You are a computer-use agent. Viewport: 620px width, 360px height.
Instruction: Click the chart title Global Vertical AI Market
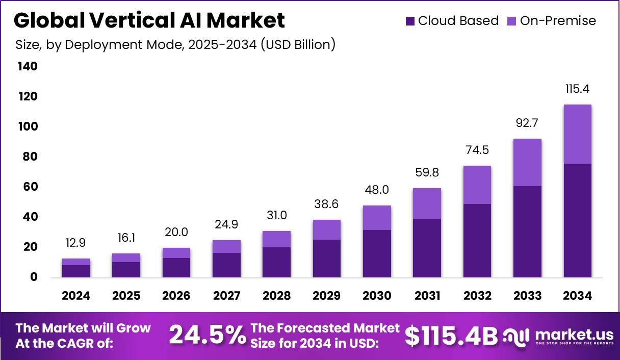coord(149,21)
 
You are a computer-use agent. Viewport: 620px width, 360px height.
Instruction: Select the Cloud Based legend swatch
coord(410,21)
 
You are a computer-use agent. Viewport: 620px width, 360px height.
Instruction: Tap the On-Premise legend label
coord(558,21)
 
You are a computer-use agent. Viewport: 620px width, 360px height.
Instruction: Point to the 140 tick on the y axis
coord(28,66)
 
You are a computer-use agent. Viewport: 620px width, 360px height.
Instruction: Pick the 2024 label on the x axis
coord(76,296)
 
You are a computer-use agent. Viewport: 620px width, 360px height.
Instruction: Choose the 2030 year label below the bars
coord(377,296)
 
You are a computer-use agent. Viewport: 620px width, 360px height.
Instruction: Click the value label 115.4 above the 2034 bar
coord(578,89)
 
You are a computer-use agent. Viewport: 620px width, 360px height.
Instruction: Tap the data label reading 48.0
coord(377,190)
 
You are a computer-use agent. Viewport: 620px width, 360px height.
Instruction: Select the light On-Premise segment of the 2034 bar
coord(578,134)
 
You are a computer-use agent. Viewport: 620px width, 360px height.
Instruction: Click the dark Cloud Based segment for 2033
coord(527,232)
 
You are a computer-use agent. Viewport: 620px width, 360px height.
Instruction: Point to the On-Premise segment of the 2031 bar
coord(427,203)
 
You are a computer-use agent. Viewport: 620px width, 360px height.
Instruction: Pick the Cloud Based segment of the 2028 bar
coord(277,262)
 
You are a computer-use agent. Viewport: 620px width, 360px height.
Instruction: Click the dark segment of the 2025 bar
coord(126,270)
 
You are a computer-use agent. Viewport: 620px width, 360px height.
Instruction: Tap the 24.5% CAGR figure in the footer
coord(207,336)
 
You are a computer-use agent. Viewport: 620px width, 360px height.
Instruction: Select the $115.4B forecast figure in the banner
coord(451,336)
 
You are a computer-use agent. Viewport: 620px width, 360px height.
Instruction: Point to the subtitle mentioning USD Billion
coord(175,45)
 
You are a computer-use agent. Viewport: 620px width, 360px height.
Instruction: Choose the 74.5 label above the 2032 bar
coord(477,150)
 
